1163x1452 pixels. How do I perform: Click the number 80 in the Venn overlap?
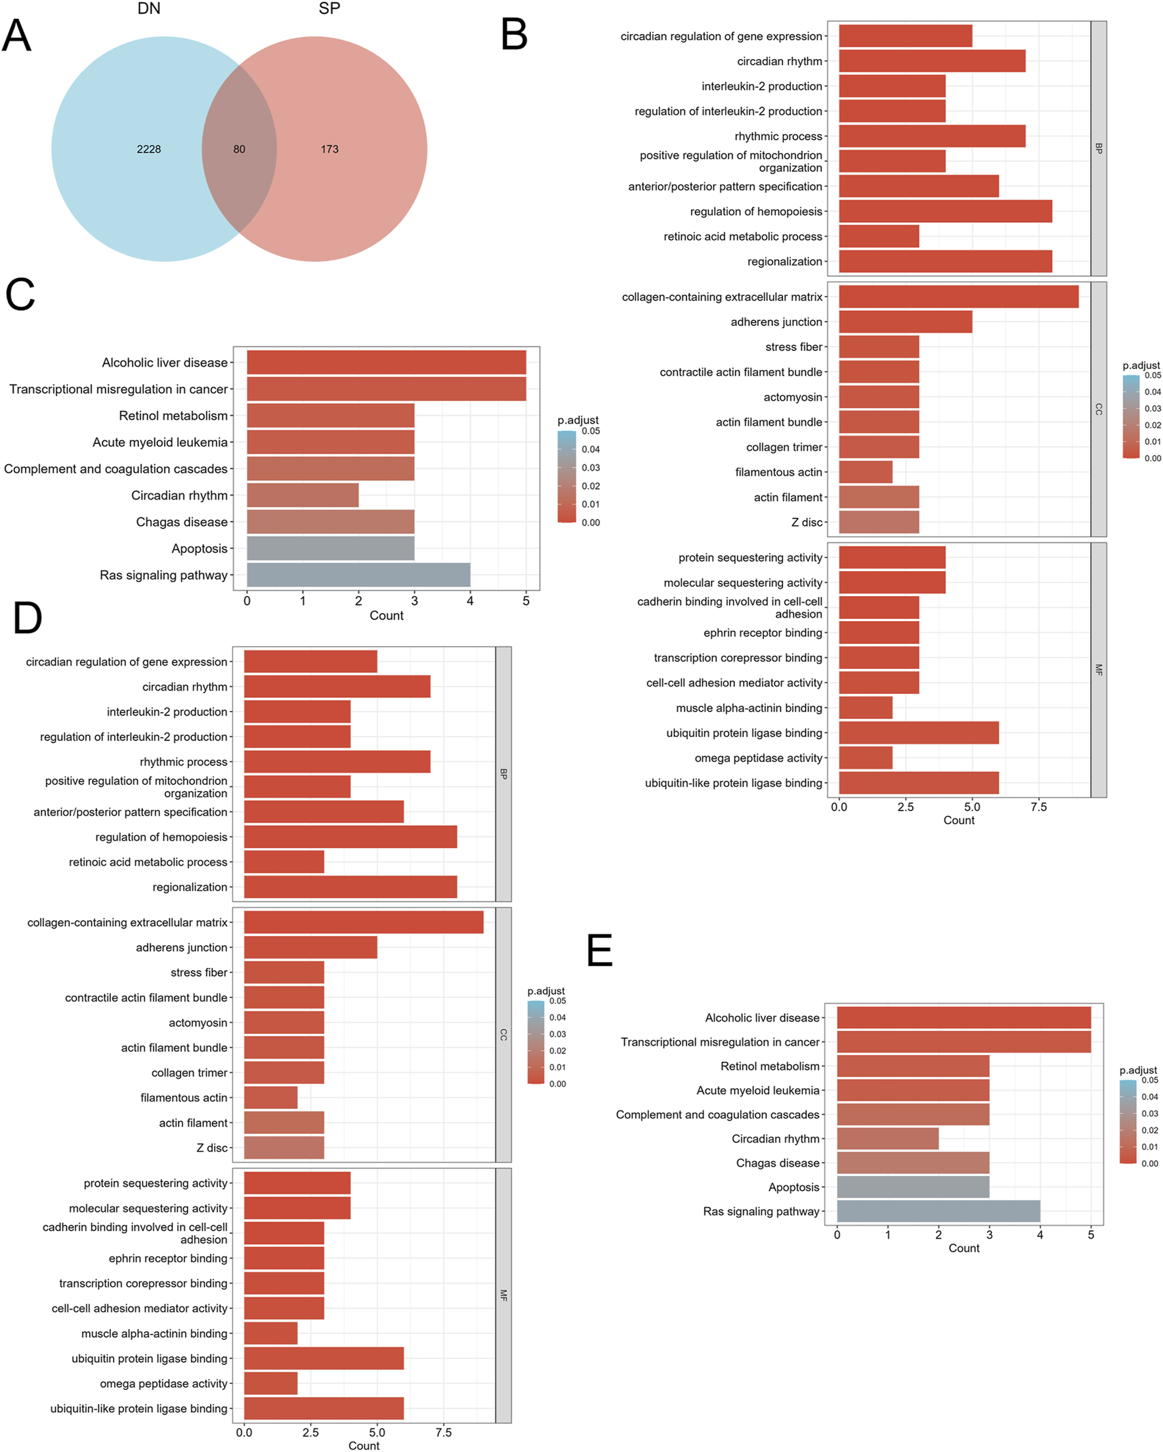(239, 150)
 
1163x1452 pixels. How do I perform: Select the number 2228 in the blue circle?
(149, 150)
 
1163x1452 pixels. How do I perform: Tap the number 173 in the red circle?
(329, 150)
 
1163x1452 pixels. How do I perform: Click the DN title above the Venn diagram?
(149, 9)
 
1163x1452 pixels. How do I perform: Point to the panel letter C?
(20, 295)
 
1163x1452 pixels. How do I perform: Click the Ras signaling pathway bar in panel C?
(358, 575)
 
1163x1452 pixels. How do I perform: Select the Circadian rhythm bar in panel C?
(303, 496)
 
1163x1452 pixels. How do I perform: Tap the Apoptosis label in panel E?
(793, 1187)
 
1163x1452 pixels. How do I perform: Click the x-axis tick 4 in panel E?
(1040, 1235)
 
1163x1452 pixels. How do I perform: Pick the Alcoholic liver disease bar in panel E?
(963, 1018)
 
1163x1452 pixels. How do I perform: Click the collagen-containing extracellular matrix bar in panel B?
(958, 297)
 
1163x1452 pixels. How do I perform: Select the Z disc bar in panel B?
(879, 523)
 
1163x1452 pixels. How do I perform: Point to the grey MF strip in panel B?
(1098, 670)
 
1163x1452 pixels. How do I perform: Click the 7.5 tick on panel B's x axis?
(1038, 807)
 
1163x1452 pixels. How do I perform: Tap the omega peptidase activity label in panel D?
(163, 1383)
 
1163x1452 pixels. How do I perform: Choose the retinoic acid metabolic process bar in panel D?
(284, 862)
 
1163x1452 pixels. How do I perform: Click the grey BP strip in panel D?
(503, 775)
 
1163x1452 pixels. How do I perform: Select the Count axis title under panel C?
(386, 616)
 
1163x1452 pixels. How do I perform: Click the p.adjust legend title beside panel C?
(578, 420)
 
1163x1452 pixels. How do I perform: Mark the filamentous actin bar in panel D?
(270, 1098)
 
